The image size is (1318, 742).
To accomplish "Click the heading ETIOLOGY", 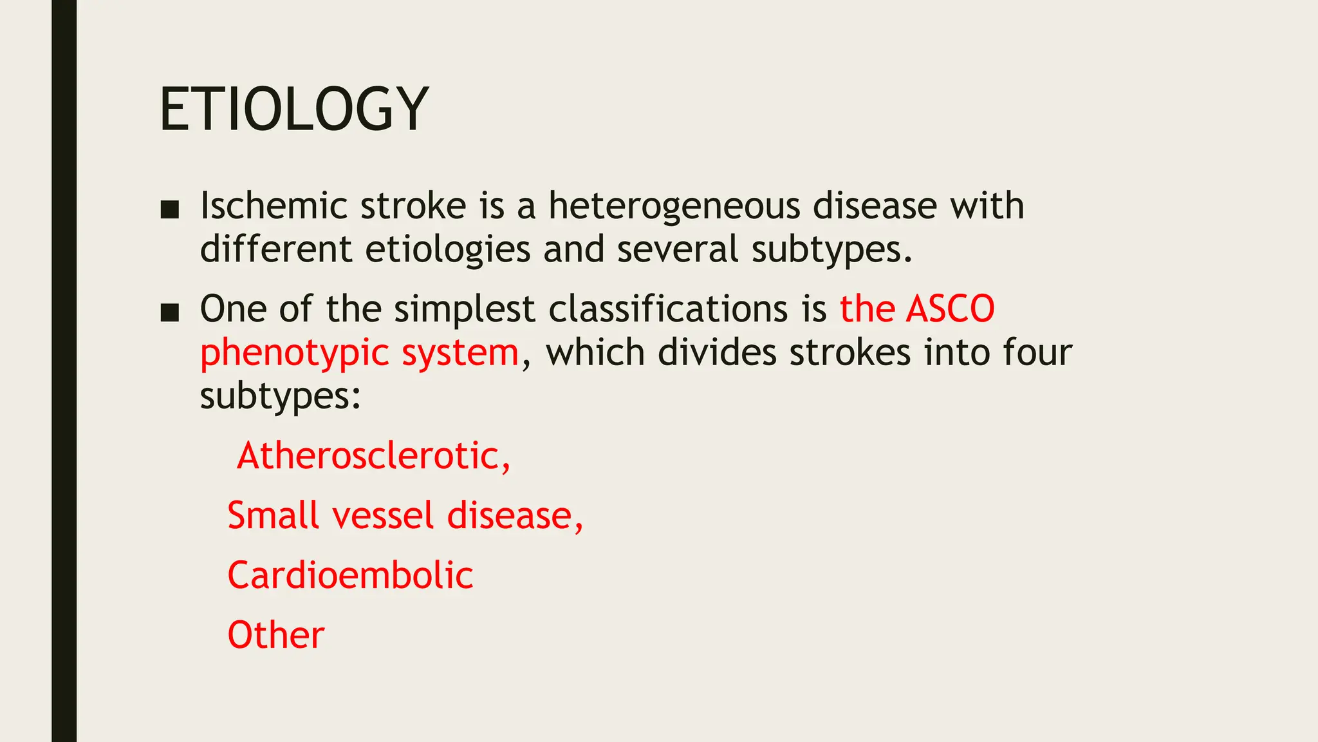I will (x=293, y=109).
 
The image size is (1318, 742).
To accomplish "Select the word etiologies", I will (x=447, y=249).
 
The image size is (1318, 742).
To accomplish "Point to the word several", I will (x=677, y=249).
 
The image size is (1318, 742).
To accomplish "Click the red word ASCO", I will (x=950, y=309).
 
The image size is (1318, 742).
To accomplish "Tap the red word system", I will (x=460, y=354).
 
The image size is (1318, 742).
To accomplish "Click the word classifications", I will (x=668, y=309).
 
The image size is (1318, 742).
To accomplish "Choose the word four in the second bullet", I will (x=1037, y=352).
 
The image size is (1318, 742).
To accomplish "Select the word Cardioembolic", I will (x=350, y=575).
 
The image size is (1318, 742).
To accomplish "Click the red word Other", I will (x=276, y=635).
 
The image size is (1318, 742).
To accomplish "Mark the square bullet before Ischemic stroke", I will (x=169, y=209).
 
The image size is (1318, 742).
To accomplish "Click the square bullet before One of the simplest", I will (x=169, y=312).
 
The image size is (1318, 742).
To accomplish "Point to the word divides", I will (x=717, y=352).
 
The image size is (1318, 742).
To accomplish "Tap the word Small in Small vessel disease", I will (x=272, y=516).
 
